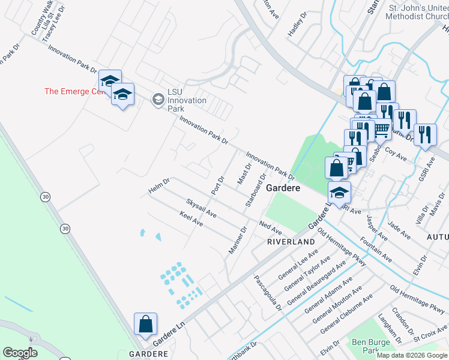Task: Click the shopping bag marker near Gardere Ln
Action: click(146, 325)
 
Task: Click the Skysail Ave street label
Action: click(201, 207)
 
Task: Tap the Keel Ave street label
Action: click(191, 218)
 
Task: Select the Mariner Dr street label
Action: click(238, 239)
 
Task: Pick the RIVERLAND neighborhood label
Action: click(291, 241)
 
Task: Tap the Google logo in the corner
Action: click(20, 353)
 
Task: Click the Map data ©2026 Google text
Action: click(412, 355)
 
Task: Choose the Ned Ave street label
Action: click(270, 228)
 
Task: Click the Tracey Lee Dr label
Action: click(58, 25)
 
